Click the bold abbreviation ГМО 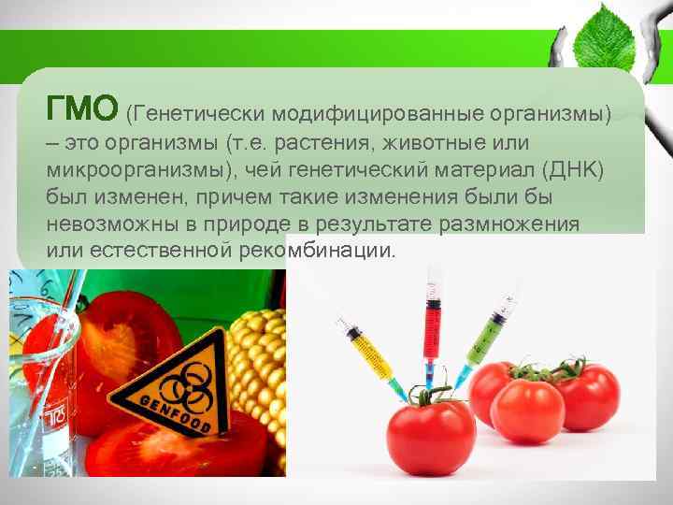(82, 108)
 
